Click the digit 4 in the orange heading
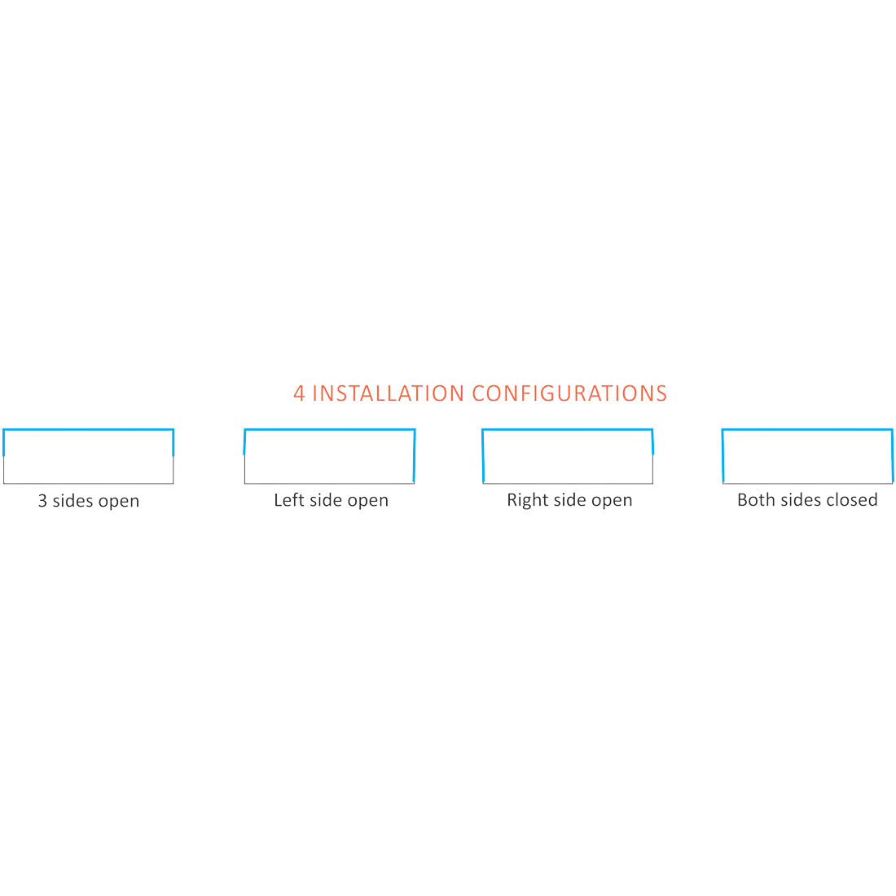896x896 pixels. pyautogui.click(x=300, y=393)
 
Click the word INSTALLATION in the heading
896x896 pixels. pyautogui.click(x=388, y=393)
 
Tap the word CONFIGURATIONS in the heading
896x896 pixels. pyautogui.click(x=569, y=393)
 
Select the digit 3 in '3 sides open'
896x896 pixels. pyautogui.click(x=43, y=501)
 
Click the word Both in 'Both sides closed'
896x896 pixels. pyautogui.click(x=756, y=499)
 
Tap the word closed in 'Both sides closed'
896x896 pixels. pyautogui.click(x=852, y=499)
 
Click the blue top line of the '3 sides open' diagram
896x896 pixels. pyautogui.click(x=89, y=429)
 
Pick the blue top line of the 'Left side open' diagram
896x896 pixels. pyautogui.click(x=330, y=429)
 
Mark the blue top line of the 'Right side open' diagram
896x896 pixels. pyautogui.click(x=568, y=429)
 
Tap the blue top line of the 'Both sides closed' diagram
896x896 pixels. pyautogui.click(x=807, y=429)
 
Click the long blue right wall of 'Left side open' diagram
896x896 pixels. pyautogui.click(x=415, y=456)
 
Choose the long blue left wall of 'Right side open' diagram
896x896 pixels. pyautogui.click(x=483, y=456)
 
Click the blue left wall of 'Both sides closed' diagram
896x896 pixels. pyautogui.click(x=723, y=456)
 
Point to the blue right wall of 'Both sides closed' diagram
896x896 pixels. pyautogui.click(x=893, y=456)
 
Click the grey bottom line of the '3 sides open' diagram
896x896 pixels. pyautogui.click(x=89, y=483)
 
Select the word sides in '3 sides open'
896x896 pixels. pyautogui.click(x=73, y=501)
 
